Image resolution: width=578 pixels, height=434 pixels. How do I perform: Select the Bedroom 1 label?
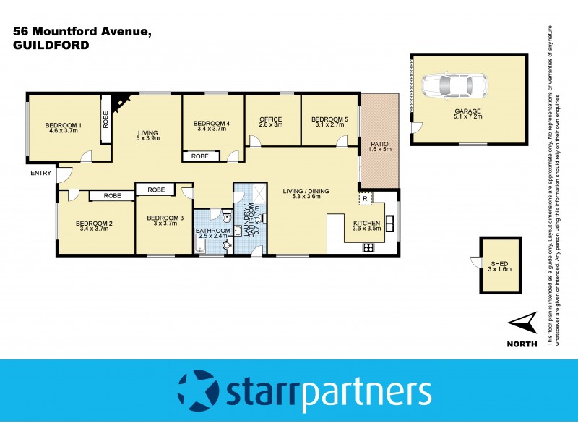tap(64, 124)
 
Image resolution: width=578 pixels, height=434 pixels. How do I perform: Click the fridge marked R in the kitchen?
tap(366, 198)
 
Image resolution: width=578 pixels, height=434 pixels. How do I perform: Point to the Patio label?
tap(380, 143)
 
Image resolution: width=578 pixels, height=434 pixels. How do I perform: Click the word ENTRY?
tap(41, 173)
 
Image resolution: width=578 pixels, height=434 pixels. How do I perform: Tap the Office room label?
tap(270, 119)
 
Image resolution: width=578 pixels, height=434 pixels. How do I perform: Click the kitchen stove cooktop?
tap(367, 247)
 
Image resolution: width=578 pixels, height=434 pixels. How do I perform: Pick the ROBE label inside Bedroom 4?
tap(200, 156)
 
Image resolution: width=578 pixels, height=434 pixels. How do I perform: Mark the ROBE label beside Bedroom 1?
tap(105, 119)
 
